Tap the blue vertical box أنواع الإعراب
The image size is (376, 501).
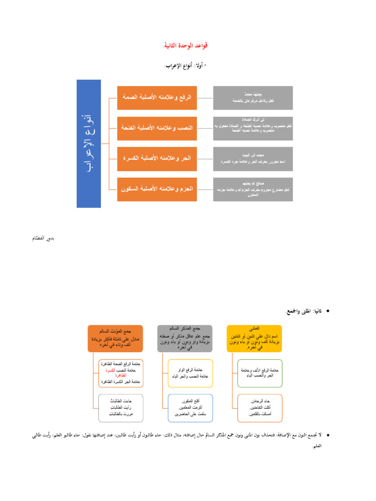point(89,144)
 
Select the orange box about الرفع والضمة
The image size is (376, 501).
point(157,97)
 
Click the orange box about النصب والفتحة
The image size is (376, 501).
point(157,128)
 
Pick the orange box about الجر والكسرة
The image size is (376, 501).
point(157,159)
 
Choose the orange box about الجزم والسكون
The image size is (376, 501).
point(157,189)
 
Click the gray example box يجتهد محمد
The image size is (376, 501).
point(253,97)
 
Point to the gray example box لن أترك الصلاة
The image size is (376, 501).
point(253,128)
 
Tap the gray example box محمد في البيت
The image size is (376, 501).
point(253,159)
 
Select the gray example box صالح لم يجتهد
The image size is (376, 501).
point(253,189)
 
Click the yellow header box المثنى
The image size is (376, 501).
point(254,338)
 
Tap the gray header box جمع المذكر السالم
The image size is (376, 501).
point(185,338)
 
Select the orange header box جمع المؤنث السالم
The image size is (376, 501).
point(115,338)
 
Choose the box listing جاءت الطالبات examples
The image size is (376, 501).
point(121,408)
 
